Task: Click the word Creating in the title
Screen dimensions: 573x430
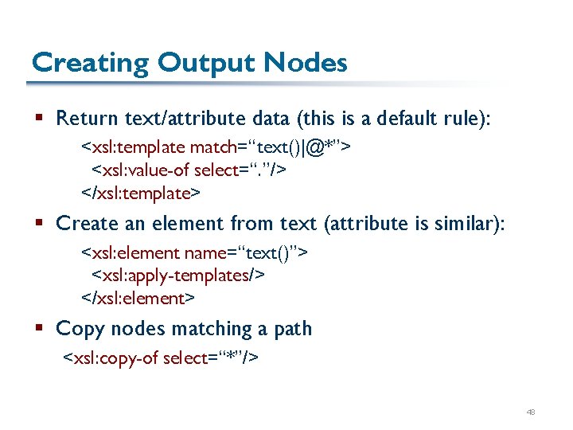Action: point(78,63)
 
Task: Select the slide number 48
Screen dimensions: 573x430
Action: point(531,412)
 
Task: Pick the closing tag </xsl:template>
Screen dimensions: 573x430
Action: point(141,193)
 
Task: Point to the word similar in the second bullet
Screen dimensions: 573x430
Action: point(467,224)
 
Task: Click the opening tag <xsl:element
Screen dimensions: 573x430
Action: point(131,252)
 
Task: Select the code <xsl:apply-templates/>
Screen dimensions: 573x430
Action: point(179,276)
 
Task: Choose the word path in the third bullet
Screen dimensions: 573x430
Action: point(292,329)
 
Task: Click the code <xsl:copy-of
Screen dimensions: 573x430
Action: point(110,358)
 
